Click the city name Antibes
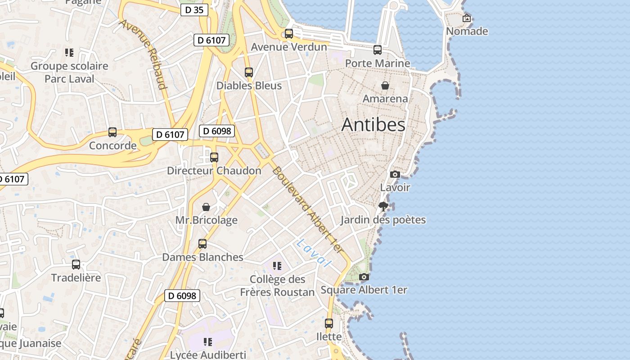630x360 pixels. click(x=373, y=125)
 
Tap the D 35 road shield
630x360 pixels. click(x=194, y=10)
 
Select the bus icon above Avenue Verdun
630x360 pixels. click(x=289, y=34)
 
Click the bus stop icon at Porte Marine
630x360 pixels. click(x=378, y=50)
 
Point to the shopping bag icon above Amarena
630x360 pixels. click(x=385, y=85)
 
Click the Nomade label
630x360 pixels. click(x=467, y=31)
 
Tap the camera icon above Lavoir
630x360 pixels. click(x=395, y=174)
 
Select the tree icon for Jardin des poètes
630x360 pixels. click(x=383, y=207)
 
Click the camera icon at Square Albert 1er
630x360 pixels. click(x=364, y=277)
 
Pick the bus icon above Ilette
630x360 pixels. click(x=329, y=323)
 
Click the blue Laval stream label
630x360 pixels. click(x=314, y=252)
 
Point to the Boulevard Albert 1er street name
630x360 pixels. click(x=308, y=210)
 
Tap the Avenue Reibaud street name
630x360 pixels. click(x=144, y=54)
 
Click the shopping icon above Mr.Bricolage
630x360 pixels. click(x=206, y=207)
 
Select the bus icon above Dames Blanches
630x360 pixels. click(x=202, y=244)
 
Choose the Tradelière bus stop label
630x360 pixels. click(x=76, y=278)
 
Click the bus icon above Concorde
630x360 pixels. click(x=112, y=132)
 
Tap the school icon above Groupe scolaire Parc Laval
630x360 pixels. click(x=69, y=53)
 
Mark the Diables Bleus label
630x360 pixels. click(x=249, y=85)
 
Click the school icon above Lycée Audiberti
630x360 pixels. click(x=207, y=342)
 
